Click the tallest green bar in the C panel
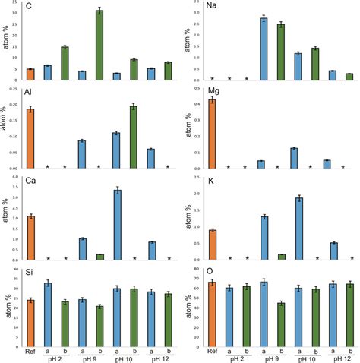coord(99,46)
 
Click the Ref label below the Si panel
coord(31,352)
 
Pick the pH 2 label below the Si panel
coord(74,359)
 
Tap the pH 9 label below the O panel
coord(272,358)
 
